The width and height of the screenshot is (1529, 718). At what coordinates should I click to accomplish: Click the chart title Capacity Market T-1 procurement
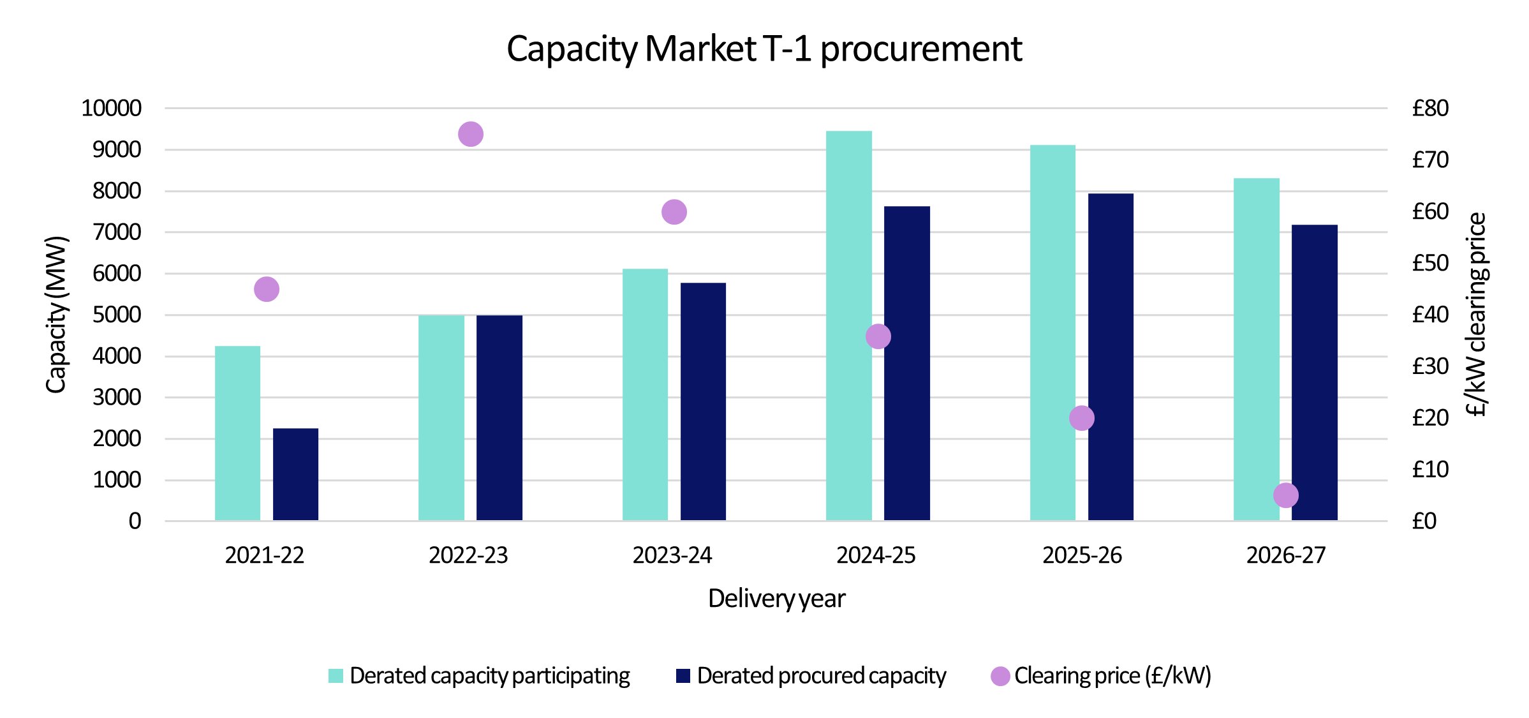click(x=764, y=49)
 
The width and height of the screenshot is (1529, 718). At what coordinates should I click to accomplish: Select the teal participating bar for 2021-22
click(x=237, y=433)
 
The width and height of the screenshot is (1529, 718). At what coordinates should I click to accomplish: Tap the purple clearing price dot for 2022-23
click(x=470, y=134)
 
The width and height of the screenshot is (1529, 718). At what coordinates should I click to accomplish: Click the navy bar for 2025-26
click(x=1111, y=357)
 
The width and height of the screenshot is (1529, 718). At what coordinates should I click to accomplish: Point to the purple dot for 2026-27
click(x=1285, y=495)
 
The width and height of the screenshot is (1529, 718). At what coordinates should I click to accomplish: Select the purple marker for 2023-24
click(x=674, y=212)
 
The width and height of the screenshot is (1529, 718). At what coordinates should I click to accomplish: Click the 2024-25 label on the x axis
click(x=875, y=555)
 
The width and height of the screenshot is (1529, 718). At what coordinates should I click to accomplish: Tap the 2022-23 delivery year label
click(x=468, y=555)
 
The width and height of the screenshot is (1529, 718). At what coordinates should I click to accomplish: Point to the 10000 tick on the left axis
click(x=111, y=108)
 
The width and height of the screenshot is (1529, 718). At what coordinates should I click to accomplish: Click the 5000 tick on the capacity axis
click(x=117, y=315)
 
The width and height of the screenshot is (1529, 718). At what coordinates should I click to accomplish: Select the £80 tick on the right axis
click(x=1429, y=108)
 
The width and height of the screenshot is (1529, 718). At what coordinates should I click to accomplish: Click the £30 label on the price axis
click(x=1429, y=366)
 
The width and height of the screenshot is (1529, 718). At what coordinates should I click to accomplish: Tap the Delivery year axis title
click(x=776, y=599)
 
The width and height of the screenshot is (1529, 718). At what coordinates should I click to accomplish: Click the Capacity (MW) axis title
click(x=55, y=315)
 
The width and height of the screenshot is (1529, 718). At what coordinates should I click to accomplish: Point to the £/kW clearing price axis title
click(x=1475, y=315)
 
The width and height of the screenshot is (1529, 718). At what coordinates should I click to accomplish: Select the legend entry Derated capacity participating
click(x=489, y=676)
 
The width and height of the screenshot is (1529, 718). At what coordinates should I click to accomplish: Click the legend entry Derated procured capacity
click(x=821, y=676)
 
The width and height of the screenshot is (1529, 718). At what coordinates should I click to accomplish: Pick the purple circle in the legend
click(x=1000, y=676)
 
